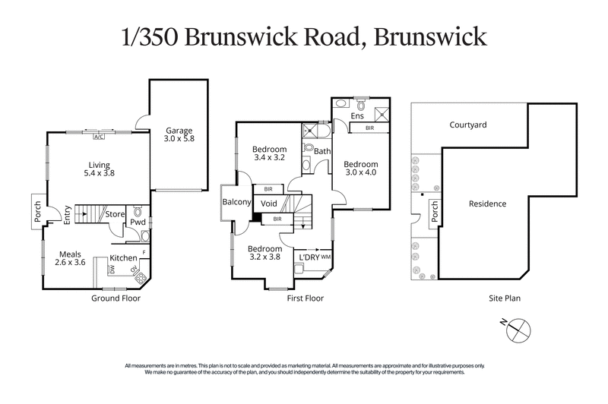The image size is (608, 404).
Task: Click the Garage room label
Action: click(x=179, y=134)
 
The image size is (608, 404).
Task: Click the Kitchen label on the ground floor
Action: click(x=123, y=258)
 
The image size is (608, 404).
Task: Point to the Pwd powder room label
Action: click(x=137, y=223)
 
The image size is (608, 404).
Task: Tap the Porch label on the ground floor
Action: click(x=38, y=213)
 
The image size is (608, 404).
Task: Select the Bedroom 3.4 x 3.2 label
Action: click(x=269, y=153)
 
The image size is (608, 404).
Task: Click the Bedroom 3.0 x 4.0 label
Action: click(x=360, y=169)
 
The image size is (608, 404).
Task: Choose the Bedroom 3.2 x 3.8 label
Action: click(x=264, y=253)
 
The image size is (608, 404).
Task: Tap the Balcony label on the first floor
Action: click(x=237, y=202)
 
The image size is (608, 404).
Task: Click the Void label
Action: click(x=269, y=204)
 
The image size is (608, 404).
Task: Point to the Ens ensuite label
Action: click(x=357, y=116)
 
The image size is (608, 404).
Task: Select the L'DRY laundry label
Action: click(x=309, y=258)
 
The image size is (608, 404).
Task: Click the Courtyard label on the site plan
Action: click(x=468, y=125)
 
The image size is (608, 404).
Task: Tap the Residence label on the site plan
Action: click(x=487, y=204)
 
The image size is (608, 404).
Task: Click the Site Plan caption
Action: click(x=504, y=298)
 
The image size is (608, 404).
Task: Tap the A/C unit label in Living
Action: click(x=98, y=137)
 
